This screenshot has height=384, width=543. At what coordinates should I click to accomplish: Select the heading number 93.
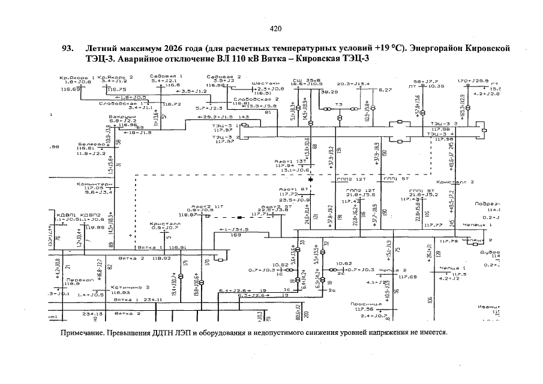click(x=68, y=48)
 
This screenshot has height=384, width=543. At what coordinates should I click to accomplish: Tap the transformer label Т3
click(x=338, y=104)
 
